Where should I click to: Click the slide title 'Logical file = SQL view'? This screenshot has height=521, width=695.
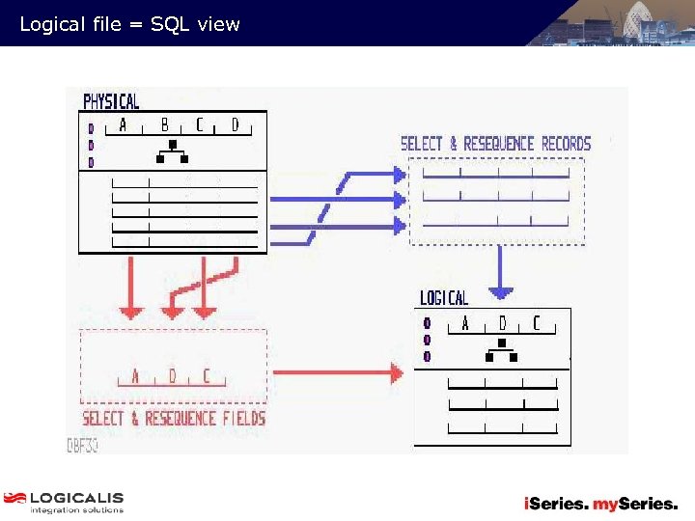coord(129,24)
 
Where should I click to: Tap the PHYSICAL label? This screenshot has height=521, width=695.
coord(111,101)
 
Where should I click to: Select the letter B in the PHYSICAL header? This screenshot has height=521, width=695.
coord(164,125)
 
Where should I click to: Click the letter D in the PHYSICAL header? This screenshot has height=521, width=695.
coord(235,125)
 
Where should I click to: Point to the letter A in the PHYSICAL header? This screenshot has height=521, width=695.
coord(123,125)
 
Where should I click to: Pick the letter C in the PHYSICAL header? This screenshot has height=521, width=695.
coord(200,125)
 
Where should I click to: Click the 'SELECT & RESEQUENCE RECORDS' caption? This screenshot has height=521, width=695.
coord(495,144)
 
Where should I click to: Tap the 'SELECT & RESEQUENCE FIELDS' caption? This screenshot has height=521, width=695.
coord(174,418)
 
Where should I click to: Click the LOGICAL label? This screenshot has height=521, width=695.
coord(444,298)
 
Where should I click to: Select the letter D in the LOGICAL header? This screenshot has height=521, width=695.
coord(502,323)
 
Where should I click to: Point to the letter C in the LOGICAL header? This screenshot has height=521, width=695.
coord(537,323)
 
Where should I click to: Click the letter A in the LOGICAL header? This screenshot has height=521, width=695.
coord(465,323)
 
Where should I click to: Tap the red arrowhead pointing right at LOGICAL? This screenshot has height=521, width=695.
coord(396,371)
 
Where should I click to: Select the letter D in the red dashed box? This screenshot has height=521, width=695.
coord(172,376)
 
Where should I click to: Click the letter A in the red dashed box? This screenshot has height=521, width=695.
coord(135,376)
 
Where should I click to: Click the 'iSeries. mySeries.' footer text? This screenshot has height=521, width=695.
coord(600,504)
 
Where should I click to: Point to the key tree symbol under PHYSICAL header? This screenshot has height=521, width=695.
coord(173,151)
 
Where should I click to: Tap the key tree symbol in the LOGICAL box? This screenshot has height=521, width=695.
coord(501,349)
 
